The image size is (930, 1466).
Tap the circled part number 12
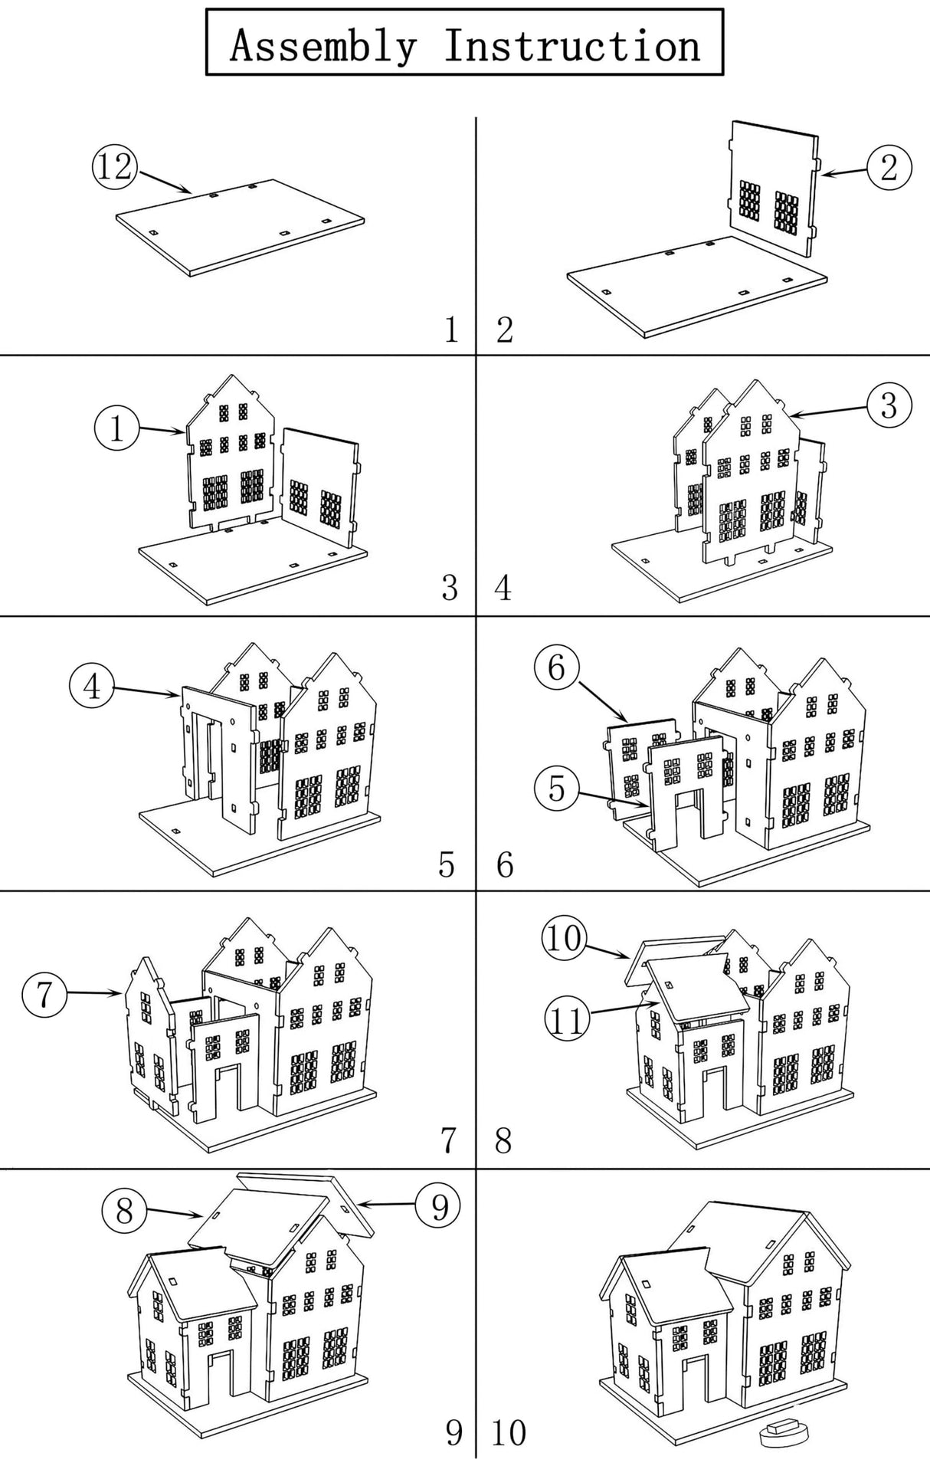click(x=114, y=166)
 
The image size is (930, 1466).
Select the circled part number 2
click(x=889, y=167)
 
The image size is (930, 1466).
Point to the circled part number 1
click(x=116, y=428)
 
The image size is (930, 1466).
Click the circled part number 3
click(x=889, y=405)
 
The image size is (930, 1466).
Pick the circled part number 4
click(x=91, y=686)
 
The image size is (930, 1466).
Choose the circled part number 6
click(x=556, y=667)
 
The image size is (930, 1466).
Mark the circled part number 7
click(x=44, y=994)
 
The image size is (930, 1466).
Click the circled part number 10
click(x=565, y=937)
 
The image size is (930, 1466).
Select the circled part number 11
click(x=567, y=1020)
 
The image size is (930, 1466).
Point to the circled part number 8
click(x=124, y=1212)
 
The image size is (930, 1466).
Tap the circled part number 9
click(x=438, y=1206)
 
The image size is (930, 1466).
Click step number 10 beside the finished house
click(x=509, y=1432)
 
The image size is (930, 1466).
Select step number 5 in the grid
click(x=447, y=864)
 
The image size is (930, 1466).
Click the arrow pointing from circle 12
click(x=164, y=182)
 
